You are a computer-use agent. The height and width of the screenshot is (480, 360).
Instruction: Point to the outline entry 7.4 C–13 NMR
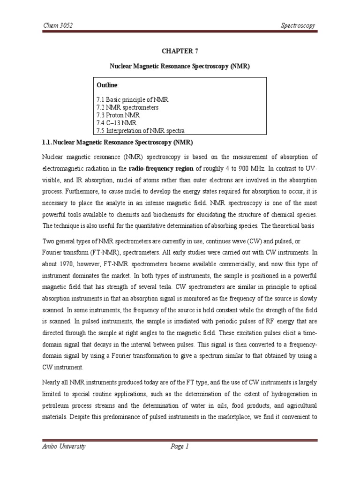pos(117,123)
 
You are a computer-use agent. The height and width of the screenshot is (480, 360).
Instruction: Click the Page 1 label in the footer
pos(179,447)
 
